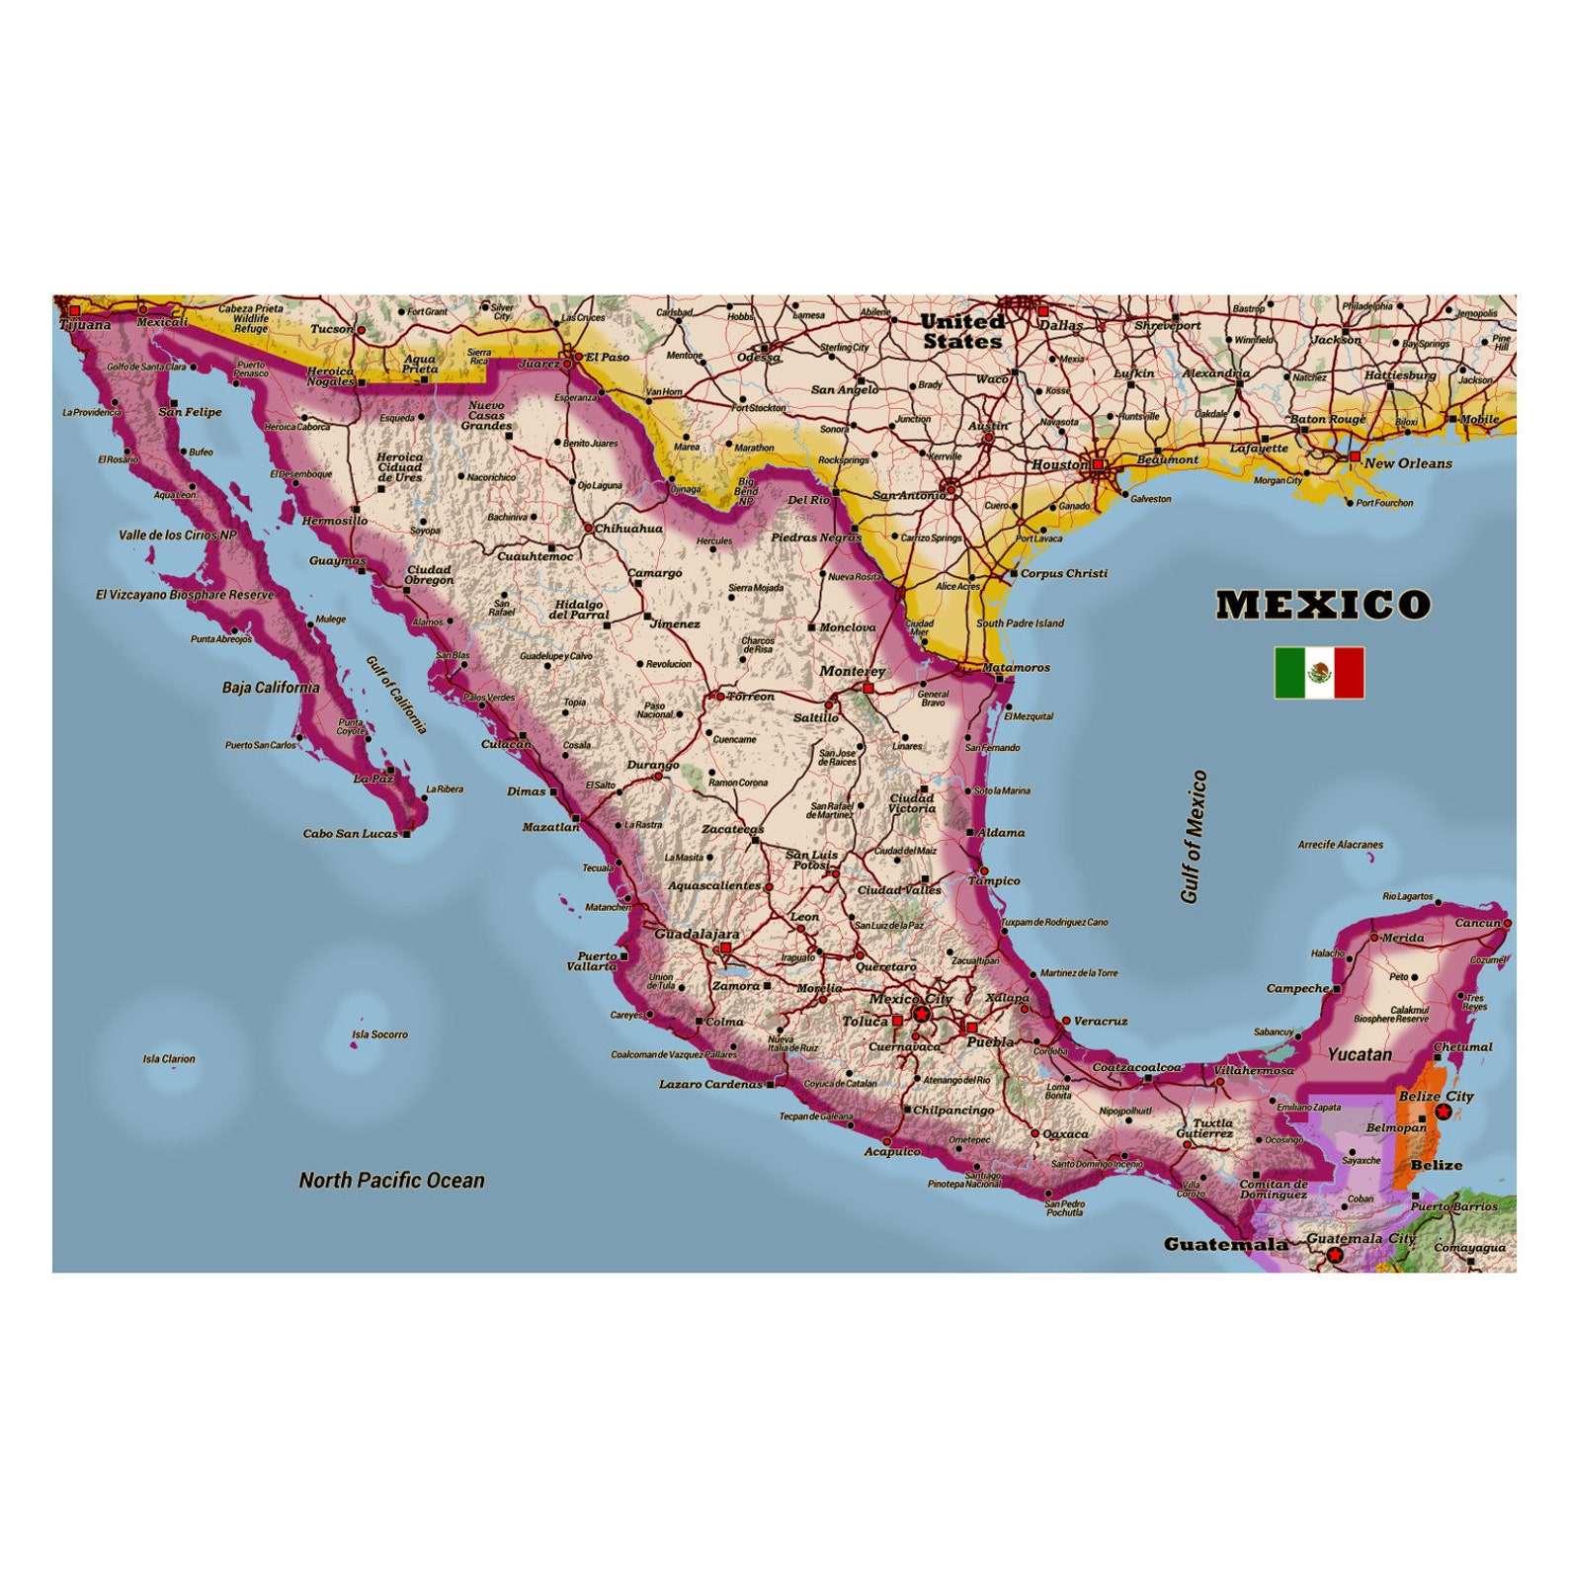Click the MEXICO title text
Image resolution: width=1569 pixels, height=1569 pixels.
tap(1322, 605)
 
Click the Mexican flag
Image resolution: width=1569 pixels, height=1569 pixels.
tap(1319, 673)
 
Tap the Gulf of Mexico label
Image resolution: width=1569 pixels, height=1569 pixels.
tap(1194, 836)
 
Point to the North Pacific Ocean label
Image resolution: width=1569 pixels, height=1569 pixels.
tap(391, 1180)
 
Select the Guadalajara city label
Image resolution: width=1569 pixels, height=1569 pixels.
tap(697, 934)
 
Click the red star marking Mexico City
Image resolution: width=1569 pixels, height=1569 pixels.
tap(922, 1015)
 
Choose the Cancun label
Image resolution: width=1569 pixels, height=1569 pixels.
tap(1477, 923)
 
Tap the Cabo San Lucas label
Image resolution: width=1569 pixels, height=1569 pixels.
tap(350, 833)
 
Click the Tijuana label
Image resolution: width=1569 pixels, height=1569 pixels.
tap(85, 324)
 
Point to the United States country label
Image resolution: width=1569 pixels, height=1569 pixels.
tap(961, 331)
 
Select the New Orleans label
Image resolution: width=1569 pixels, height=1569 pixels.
tap(1408, 463)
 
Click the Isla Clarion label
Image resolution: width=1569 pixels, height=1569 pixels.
tap(169, 1059)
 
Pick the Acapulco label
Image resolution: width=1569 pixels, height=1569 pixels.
tap(892, 1151)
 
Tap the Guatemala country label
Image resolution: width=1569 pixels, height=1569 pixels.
tap(1225, 1244)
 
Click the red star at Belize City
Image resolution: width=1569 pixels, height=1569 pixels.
tap(1443, 1113)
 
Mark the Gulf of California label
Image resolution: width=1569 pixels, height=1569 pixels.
tap(396, 696)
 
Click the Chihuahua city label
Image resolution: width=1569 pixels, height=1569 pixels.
tap(628, 529)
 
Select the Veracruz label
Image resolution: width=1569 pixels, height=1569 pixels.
tap(1101, 1021)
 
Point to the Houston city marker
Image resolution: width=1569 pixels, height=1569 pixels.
tap(1097, 463)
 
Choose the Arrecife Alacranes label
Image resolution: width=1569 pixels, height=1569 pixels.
tap(1340, 845)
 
